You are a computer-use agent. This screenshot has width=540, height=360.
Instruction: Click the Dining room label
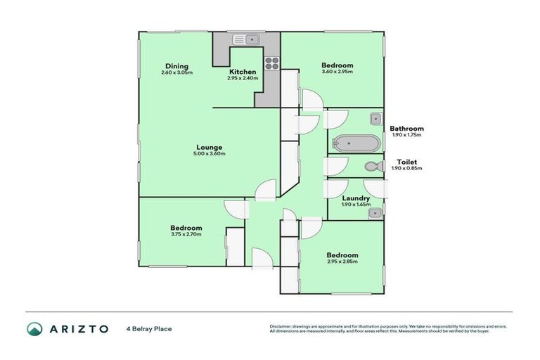[x=176, y=66]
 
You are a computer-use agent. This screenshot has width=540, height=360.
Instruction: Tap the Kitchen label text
[x=243, y=72]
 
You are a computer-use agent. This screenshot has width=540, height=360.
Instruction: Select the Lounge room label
[x=210, y=147]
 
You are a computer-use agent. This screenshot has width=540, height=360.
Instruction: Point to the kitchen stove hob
[x=272, y=65]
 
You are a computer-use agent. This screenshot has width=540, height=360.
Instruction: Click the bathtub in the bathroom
[x=356, y=143]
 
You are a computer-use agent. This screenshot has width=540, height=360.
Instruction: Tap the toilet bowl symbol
[x=373, y=167]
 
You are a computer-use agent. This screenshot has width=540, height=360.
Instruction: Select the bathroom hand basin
[x=376, y=119]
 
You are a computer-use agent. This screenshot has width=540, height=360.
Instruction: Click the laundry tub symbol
[x=376, y=211]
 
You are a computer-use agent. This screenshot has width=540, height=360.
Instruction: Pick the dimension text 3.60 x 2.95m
[x=337, y=72]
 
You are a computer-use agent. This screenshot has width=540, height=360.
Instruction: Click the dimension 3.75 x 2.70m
[x=186, y=234]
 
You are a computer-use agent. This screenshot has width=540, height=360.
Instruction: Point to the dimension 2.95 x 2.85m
[x=342, y=262]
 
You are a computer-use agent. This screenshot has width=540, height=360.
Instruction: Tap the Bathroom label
[x=407, y=129]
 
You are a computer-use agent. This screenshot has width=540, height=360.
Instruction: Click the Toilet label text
[x=407, y=161]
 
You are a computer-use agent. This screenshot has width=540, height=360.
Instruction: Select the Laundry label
[x=355, y=198]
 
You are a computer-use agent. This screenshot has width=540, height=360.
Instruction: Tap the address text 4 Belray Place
[x=149, y=328]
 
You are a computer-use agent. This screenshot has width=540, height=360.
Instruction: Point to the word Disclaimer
[x=282, y=326]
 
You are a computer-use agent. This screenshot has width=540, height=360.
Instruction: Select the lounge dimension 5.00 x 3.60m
[x=210, y=154]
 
